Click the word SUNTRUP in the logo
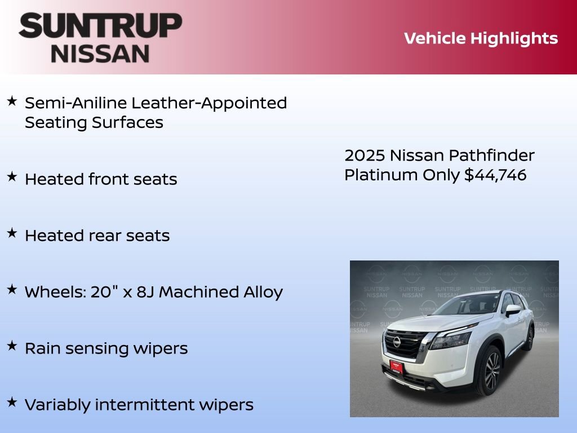click(x=100, y=26)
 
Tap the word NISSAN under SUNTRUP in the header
click(x=100, y=53)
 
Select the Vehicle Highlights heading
click(x=481, y=38)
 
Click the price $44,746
click(x=495, y=175)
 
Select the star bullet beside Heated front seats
click(x=12, y=176)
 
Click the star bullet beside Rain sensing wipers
click(x=12, y=346)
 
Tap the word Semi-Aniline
click(x=76, y=103)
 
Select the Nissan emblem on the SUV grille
click(x=397, y=342)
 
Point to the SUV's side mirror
click(x=512, y=310)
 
